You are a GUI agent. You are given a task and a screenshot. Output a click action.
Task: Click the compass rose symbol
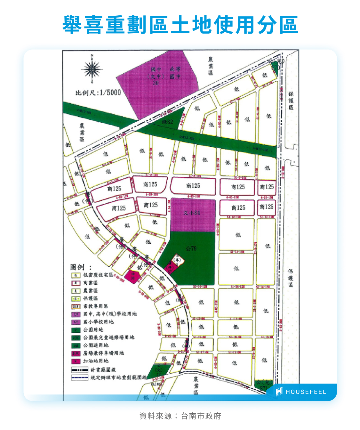(92, 69)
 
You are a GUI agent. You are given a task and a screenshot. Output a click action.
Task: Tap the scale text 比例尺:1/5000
(98, 93)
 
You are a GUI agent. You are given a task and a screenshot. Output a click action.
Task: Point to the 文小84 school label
(192, 213)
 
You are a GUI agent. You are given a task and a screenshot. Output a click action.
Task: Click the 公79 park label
(191, 248)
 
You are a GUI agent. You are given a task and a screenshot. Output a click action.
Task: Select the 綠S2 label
(167, 122)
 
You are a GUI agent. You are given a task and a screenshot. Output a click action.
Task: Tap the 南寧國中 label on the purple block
(175, 73)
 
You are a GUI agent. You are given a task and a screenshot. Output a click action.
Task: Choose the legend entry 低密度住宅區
(98, 275)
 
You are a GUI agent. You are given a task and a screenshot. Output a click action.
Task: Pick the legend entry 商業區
(91, 283)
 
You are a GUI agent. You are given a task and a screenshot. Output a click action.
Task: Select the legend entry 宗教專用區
(96, 306)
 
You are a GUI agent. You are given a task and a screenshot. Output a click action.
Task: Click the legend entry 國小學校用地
(99, 322)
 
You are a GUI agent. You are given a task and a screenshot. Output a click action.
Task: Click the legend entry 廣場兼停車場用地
(103, 353)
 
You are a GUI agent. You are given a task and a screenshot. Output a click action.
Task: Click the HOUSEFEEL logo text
(306, 392)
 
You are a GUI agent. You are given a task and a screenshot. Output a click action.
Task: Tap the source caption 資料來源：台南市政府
(180, 416)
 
